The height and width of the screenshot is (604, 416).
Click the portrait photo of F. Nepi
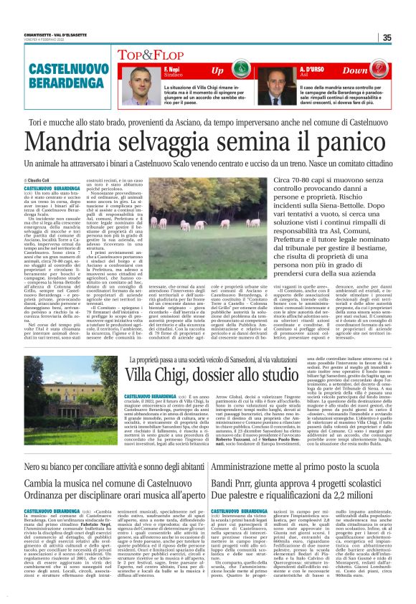(139, 85)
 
